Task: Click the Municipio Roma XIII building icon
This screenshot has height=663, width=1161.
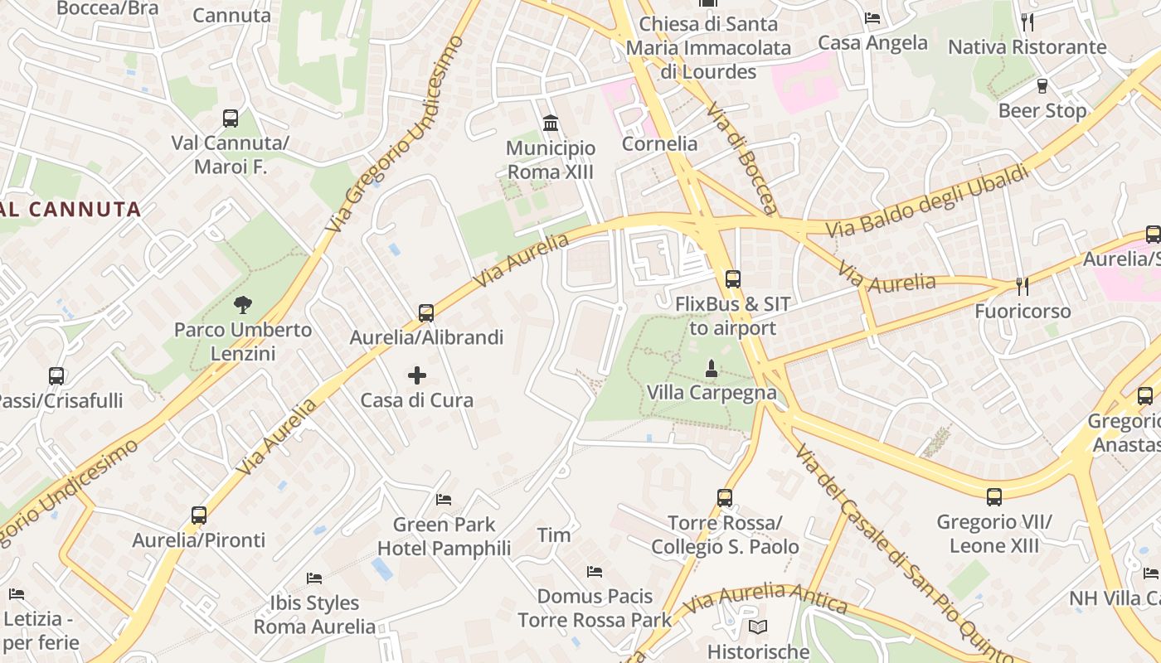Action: (550, 123)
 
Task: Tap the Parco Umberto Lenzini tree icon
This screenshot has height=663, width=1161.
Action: (243, 305)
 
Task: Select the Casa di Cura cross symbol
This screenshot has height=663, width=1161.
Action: (417, 376)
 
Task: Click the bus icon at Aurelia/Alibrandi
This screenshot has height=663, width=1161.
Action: (426, 313)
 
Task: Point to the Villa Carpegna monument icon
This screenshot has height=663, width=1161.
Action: (711, 368)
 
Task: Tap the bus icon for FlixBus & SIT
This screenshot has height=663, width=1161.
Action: (732, 279)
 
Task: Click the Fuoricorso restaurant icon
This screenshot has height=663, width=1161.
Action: (1023, 287)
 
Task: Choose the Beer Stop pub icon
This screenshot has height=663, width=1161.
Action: (1042, 86)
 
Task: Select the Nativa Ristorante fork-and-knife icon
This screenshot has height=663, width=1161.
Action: (1027, 22)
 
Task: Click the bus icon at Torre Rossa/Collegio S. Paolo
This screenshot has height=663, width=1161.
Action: (725, 498)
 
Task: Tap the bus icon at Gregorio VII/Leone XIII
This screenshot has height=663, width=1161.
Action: (994, 497)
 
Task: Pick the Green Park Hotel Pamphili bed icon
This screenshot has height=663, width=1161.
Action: (444, 500)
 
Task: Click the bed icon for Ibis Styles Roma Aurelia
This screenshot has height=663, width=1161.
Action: (314, 578)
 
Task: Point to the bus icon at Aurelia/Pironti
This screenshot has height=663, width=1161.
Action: (199, 515)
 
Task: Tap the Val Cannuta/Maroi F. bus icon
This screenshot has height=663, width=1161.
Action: (231, 119)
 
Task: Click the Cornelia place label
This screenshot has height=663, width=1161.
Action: (659, 143)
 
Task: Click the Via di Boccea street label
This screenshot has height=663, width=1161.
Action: (742, 157)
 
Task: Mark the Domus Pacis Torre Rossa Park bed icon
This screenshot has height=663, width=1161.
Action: (595, 572)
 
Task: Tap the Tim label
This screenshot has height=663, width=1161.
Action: (554, 535)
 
